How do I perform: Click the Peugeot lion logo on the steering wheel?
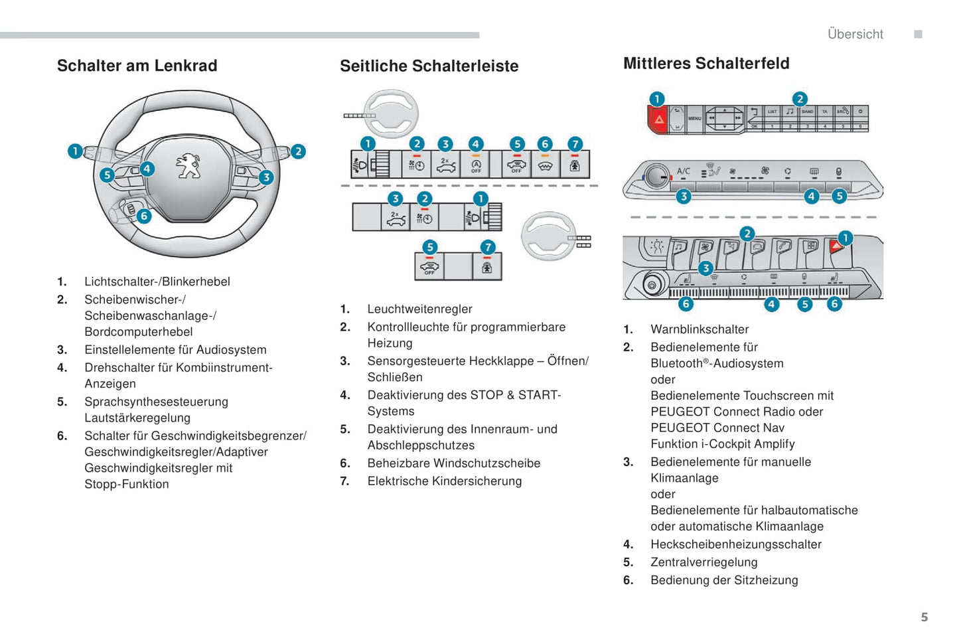pyautogui.click(x=188, y=166)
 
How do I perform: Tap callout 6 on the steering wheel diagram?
pyautogui.click(x=143, y=216)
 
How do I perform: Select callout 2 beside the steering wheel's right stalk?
pyautogui.click(x=298, y=151)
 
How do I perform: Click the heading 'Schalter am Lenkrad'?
pyautogui.click(x=137, y=66)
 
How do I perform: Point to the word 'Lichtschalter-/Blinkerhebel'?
pyautogui.click(x=157, y=281)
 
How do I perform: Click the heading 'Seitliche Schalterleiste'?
pyautogui.click(x=429, y=66)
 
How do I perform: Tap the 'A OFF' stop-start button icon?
pyautogui.click(x=476, y=165)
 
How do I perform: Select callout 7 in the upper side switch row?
pyautogui.click(x=575, y=143)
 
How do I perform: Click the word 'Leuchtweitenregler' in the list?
pyautogui.click(x=419, y=309)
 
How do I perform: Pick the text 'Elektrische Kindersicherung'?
pyautogui.click(x=444, y=481)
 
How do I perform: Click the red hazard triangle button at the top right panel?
pyautogui.click(x=658, y=120)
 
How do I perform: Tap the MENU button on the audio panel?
pyautogui.click(x=694, y=119)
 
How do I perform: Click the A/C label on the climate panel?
pyautogui.click(x=683, y=171)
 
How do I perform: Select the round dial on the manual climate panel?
pyautogui.click(x=657, y=177)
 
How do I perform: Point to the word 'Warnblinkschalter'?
pyautogui.click(x=700, y=329)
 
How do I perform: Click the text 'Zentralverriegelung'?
pyautogui.click(x=703, y=562)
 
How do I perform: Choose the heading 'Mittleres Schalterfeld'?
pyautogui.click(x=706, y=64)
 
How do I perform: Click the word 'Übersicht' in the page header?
pyautogui.click(x=855, y=35)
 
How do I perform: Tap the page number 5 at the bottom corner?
pyautogui.click(x=924, y=617)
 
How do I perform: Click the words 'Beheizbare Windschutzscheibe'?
pyautogui.click(x=453, y=463)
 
